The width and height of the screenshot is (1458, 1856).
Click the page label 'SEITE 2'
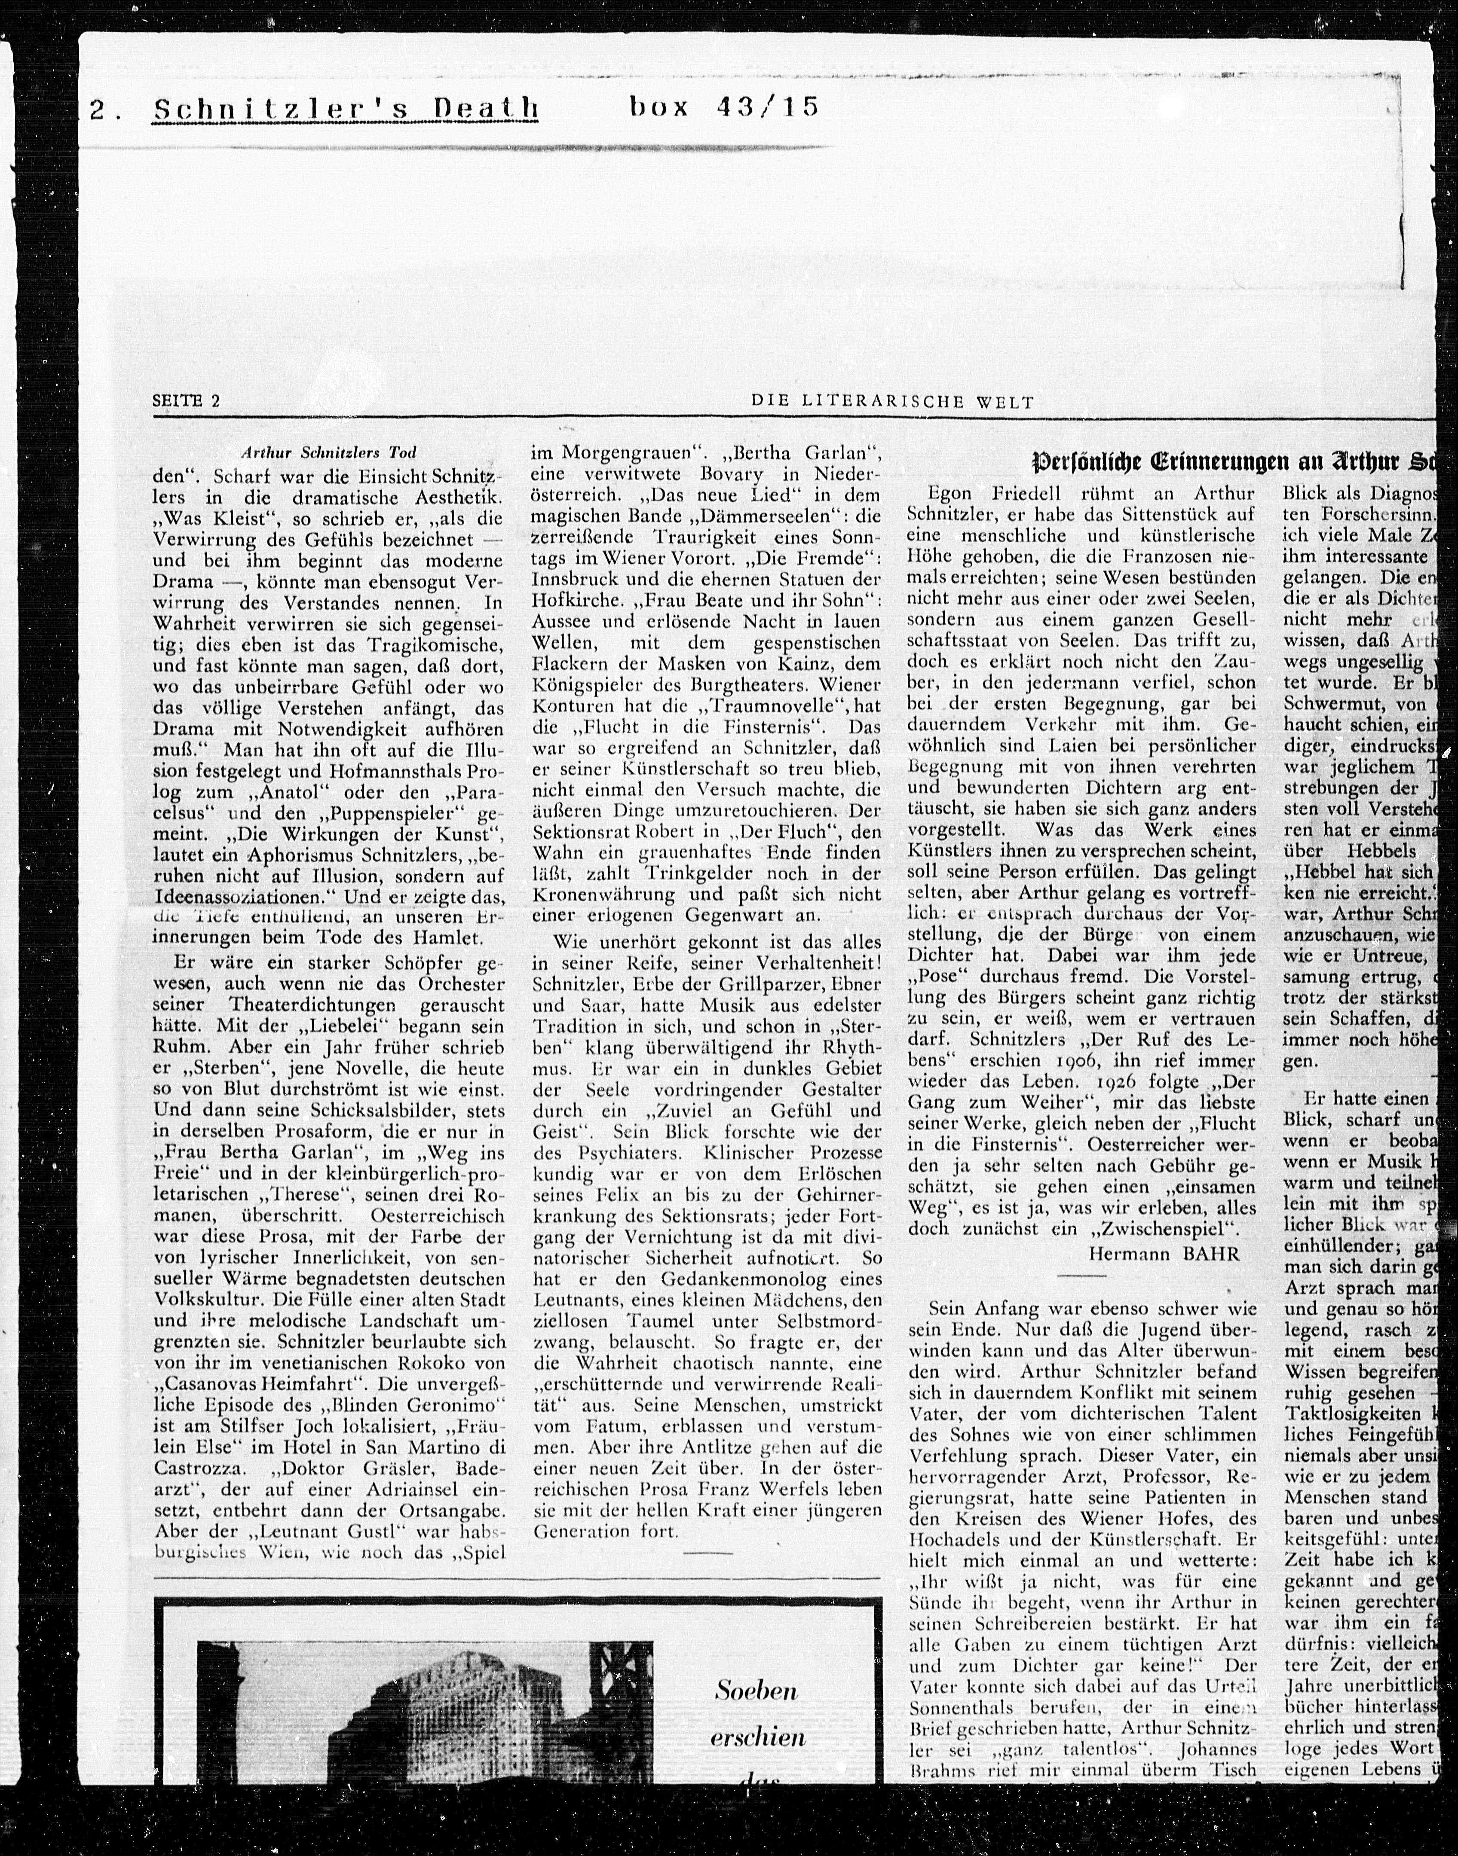point(186,401)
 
